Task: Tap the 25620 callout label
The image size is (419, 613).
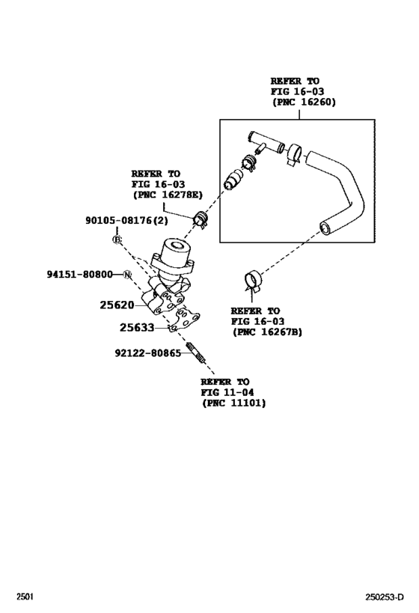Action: coord(117,305)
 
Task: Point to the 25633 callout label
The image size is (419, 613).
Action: coord(137,327)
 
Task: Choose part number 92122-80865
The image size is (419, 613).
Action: coord(148,352)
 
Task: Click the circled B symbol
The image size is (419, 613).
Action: coord(117,240)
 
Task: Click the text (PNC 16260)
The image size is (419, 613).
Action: coord(303,103)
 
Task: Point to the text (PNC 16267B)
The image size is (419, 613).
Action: coord(267,332)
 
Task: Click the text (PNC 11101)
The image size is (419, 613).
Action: coord(233,403)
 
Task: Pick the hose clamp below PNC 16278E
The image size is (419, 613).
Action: coord(201,219)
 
